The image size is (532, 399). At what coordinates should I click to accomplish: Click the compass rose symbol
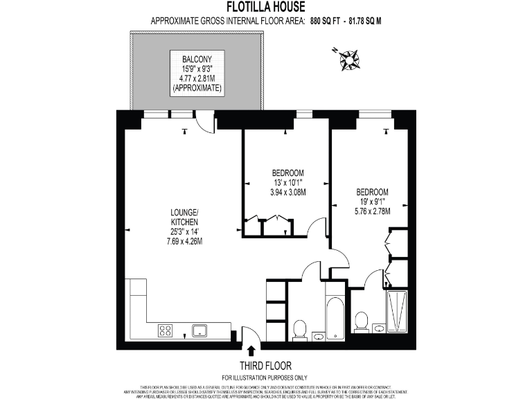[349, 59]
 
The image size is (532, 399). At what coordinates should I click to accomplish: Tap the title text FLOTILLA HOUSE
[266, 8]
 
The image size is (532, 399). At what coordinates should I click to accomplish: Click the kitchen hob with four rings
[166, 330]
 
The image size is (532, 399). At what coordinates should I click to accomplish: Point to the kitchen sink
[201, 330]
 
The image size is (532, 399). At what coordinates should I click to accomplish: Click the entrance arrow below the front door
[251, 348]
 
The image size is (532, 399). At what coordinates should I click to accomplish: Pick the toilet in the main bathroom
[301, 328]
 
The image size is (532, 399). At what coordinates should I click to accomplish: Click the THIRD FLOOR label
[265, 365]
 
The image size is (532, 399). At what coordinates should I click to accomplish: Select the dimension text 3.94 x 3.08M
[287, 193]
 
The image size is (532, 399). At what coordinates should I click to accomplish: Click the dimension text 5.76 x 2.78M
[373, 211]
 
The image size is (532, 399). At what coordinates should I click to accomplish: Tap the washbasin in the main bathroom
[319, 337]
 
